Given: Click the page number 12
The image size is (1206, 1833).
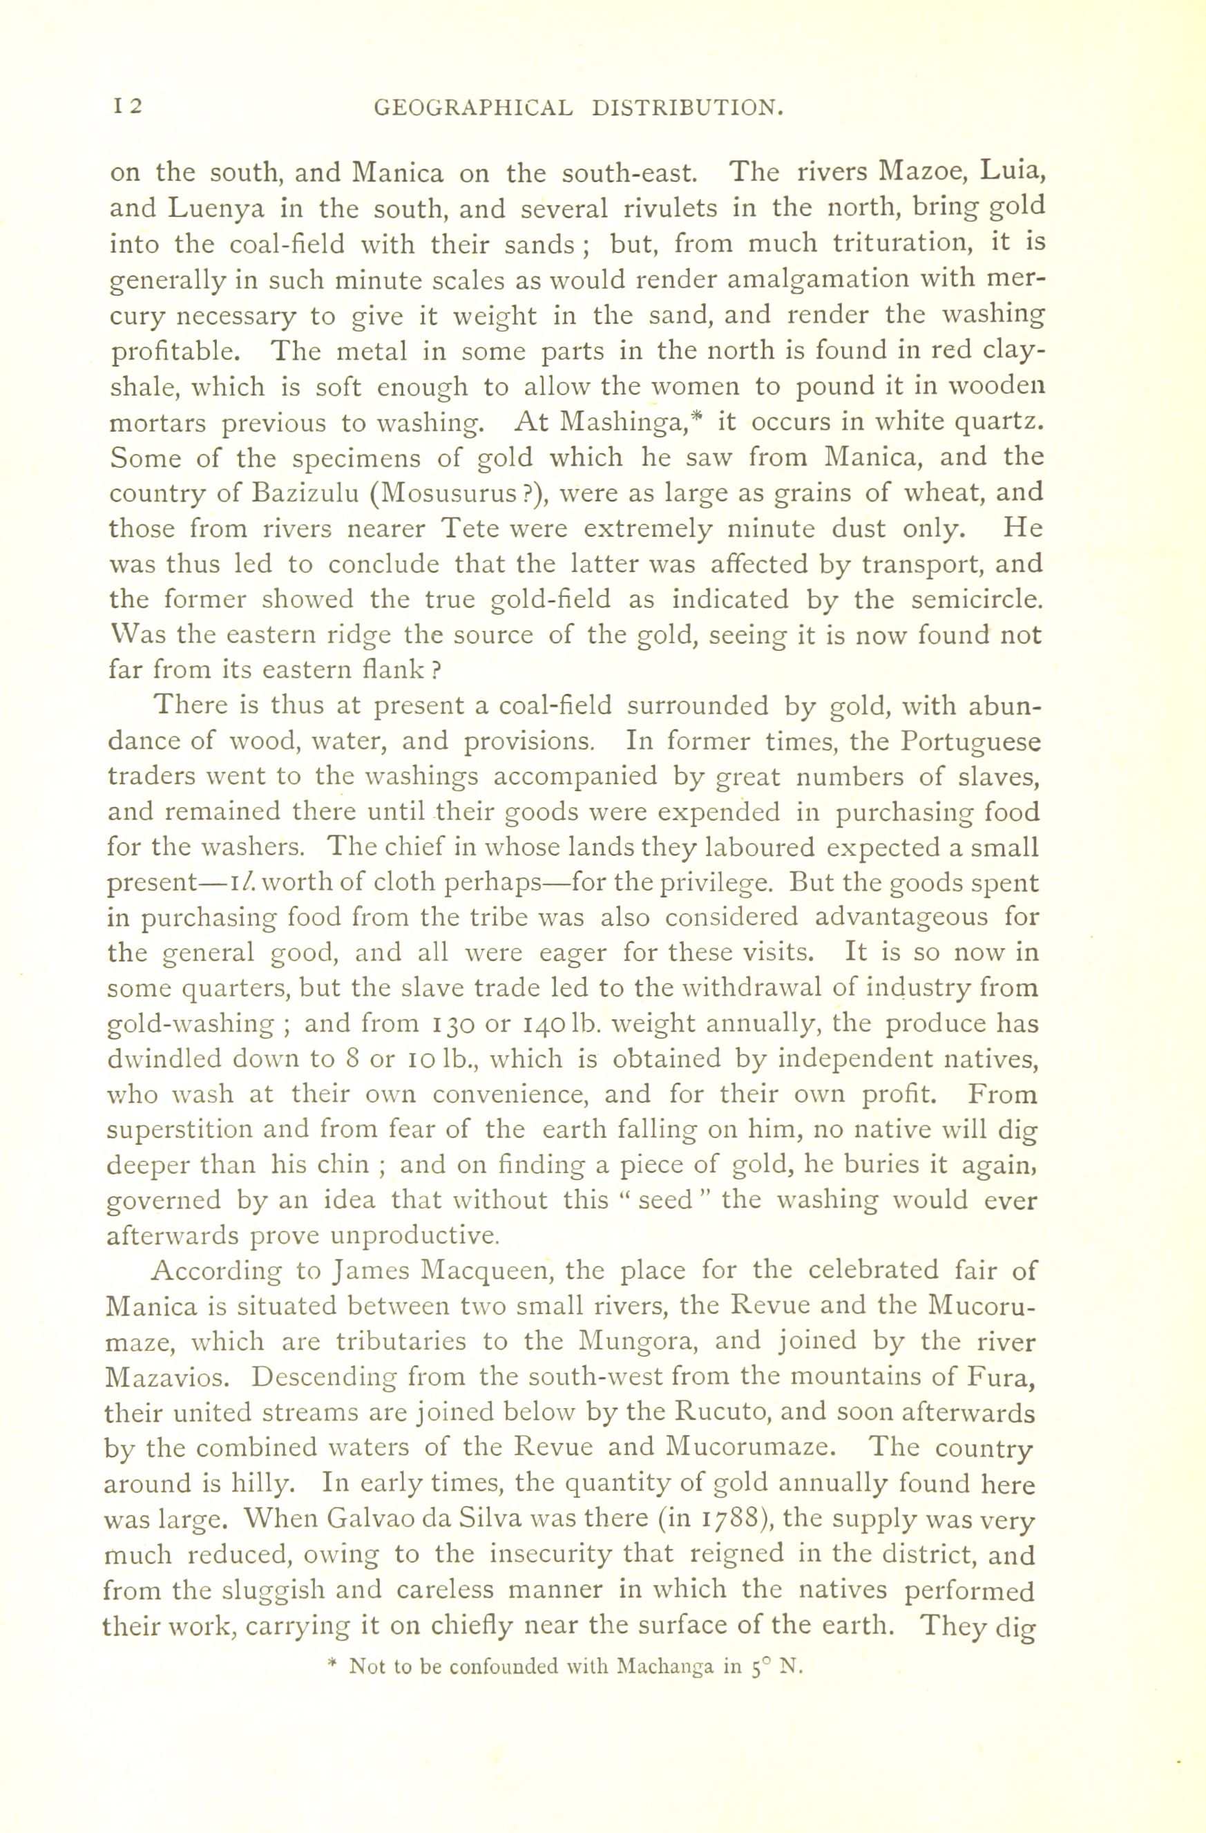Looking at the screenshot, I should click(x=128, y=106).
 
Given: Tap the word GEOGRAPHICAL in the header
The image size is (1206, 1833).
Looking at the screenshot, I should click(x=474, y=108).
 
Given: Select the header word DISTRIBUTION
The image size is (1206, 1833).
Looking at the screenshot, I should click(x=688, y=108).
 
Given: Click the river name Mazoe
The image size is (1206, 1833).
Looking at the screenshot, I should click(x=923, y=172).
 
